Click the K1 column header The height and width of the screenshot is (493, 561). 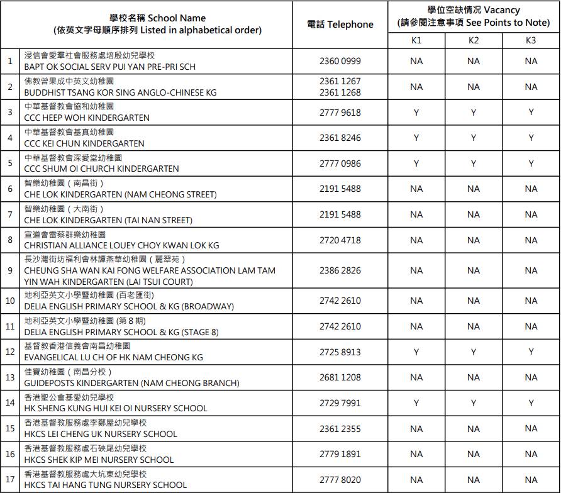click(416, 40)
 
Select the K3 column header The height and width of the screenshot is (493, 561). click(531, 40)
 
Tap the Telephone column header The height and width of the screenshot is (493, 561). click(340, 25)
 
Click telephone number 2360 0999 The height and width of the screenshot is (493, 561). click(340, 61)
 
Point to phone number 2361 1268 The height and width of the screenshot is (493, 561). click(340, 92)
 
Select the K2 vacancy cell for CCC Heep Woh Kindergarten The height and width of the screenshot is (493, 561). click(474, 113)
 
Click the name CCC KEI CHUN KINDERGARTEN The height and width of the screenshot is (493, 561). click(84, 143)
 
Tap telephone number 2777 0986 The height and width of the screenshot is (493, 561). click(340, 163)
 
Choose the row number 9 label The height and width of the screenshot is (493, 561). click(10, 270)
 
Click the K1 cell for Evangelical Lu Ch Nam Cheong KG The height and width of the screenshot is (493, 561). click(416, 352)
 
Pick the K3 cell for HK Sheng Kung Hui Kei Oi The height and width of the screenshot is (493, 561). click(531, 403)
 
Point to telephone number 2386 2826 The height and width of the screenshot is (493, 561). click(340, 270)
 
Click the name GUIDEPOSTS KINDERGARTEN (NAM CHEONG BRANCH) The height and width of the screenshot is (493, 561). click(131, 383)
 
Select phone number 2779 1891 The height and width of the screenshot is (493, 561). click(340, 454)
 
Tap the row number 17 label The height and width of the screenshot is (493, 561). click(10, 480)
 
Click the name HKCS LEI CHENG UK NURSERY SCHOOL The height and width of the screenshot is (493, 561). click(101, 434)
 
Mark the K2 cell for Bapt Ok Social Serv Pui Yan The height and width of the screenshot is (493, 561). click(474, 61)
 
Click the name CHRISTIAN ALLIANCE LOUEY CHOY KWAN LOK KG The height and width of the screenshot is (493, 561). click(121, 245)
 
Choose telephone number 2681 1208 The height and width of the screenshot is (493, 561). click(340, 377)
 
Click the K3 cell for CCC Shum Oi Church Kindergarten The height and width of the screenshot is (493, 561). click(531, 163)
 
